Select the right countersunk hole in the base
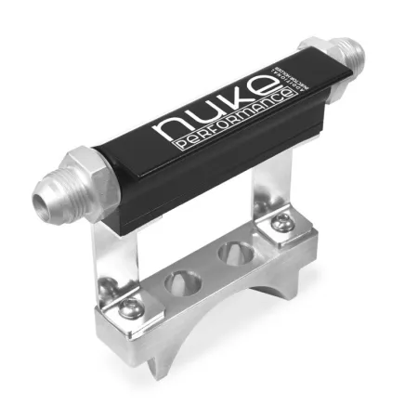pos(229,253)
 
